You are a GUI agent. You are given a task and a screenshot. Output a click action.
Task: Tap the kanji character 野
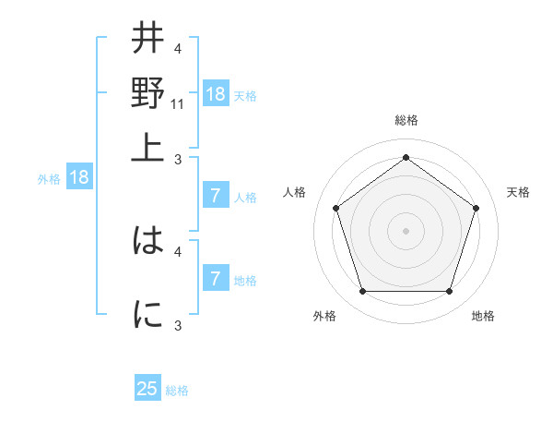pos(147,92)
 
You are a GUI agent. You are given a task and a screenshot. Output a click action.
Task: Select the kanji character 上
pos(147,146)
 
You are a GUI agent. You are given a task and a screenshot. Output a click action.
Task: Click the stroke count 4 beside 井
pos(178,49)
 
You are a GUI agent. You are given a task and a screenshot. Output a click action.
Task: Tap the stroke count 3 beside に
pos(178,325)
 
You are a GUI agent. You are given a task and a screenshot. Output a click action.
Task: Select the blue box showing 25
pos(147,389)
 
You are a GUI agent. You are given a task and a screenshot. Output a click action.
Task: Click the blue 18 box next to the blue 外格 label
pos(79,178)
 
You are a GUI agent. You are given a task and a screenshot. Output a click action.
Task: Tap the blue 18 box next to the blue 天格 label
pos(216,94)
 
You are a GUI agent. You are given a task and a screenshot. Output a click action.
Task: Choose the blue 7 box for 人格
pos(216,196)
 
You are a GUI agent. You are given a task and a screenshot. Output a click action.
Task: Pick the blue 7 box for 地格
pos(216,279)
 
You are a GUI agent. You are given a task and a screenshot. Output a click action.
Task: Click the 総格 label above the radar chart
pos(406,121)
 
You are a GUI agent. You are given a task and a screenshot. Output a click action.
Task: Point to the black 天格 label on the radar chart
pos(518,192)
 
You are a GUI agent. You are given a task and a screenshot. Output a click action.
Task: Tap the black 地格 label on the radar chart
pos(483,317)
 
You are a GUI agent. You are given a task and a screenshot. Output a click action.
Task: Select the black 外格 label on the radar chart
pos(324,317)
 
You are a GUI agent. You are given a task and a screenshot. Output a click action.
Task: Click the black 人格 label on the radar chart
pos(294,192)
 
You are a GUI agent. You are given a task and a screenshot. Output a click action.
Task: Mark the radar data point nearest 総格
pos(406,157)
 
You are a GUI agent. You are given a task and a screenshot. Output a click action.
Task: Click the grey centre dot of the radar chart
pos(406,230)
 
